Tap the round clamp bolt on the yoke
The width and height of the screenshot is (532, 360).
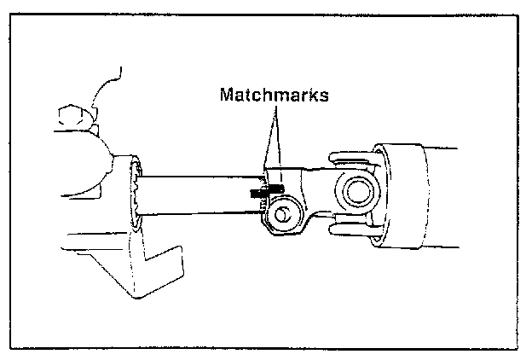click(x=281, y=214)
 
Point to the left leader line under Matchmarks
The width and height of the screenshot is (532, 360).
click(x=266, y=136)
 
